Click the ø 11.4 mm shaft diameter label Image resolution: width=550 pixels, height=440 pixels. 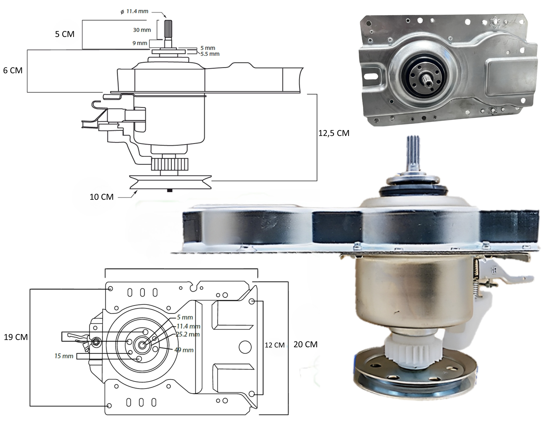(134, 11)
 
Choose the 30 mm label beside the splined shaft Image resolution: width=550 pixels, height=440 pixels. (142, 30)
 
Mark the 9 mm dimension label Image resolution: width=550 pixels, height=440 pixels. (140, 43)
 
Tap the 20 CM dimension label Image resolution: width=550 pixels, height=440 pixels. (305, 344)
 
